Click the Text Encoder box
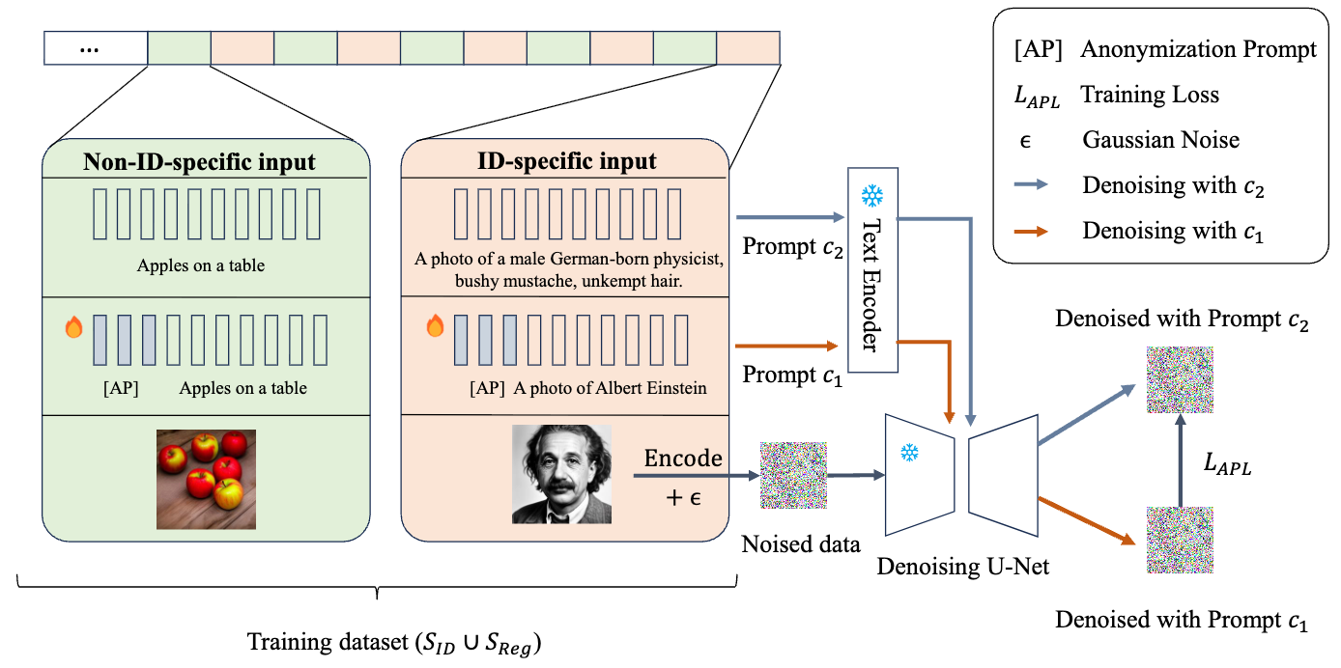(x=873, y=269)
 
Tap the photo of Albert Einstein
(x=561, y=474)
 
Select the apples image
(x=206, y=479)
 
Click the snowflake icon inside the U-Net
(x=909, y=452)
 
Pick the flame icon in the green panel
(x=73, y=328)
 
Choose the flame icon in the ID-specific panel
(x=435, y=328)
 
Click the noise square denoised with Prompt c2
(x=1178, y=380)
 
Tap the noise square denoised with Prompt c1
(x=1178, y=543)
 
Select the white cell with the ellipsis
(x=96, y=48)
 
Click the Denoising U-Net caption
(x=962, y=567)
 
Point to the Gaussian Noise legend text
(x=1160, y=140)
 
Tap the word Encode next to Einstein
(x=683, y=458)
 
